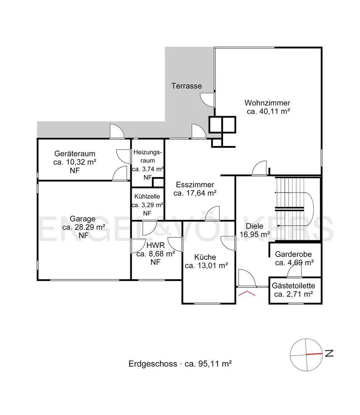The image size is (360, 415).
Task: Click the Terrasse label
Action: coord(186,86)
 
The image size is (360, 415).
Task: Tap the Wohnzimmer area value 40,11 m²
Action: coord(268,111)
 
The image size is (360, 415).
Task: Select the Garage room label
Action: coord(83,219)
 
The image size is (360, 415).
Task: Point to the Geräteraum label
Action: coord(75,154)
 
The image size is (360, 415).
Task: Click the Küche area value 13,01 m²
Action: coord(206,266)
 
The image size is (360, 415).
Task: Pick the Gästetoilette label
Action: coord(294,286)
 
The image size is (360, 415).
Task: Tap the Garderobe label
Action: coord(294,254)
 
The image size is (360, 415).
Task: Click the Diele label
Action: coord(255,226)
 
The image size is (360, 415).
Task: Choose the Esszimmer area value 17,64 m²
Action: coord(195,193)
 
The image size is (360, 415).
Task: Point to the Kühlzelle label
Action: coord(147,197)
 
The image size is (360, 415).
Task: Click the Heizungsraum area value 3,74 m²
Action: coord(148,169)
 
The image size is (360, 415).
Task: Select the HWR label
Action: coord(155,245)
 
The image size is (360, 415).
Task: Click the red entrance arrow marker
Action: coord(247,293)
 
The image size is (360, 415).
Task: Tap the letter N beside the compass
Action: coord(329,353)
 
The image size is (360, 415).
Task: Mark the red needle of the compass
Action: coord(314,354)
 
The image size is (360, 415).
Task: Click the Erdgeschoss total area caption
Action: coord(180,364)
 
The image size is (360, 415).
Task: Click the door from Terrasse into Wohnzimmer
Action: coord(207,100)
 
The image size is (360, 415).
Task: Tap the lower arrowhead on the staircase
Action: coord(278,226)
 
